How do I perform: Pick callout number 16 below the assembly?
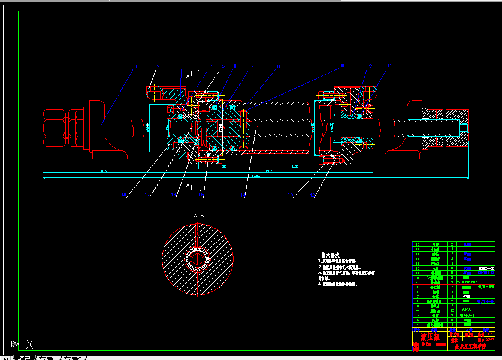tap(174, 195)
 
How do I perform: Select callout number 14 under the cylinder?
tap(243, 195)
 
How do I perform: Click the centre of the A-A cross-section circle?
tap(197, 259)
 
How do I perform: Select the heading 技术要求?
tap(331, 255)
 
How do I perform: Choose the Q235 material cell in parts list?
tap(465, 309)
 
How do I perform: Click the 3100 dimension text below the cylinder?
tap(294, 166)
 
